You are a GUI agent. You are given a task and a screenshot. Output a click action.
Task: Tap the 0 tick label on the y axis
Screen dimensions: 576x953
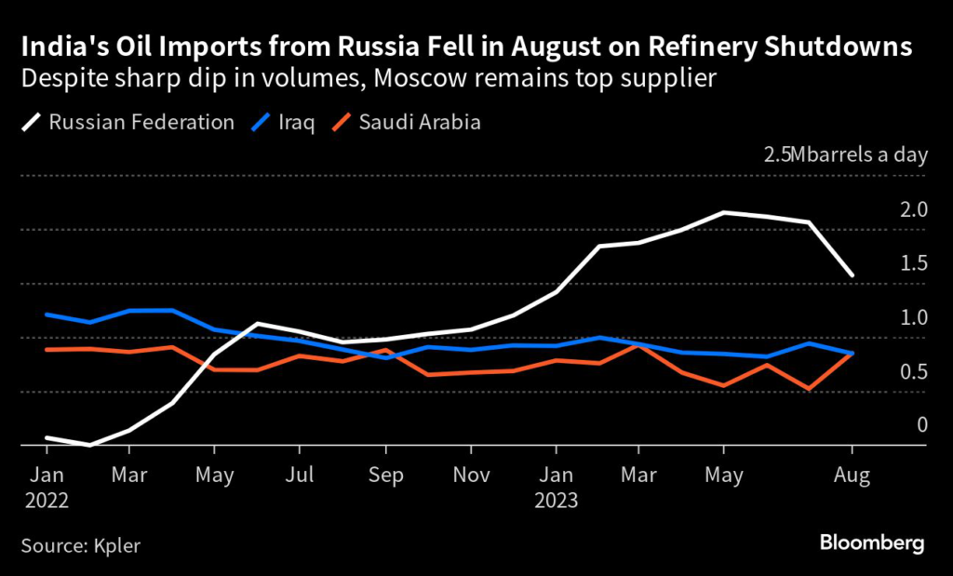tap(922, 425)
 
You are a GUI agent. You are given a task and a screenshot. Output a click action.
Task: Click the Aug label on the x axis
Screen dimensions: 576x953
tap(852, 476)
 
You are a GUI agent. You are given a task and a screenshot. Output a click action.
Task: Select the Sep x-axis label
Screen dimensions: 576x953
tap(385, 476)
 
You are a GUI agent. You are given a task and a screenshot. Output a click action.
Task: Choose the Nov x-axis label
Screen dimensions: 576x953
tap(471, 476)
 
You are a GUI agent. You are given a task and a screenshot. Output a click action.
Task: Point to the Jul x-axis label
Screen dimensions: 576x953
tap(299, 476)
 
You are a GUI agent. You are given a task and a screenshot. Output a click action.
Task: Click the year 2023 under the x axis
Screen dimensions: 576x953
tap(557, 500)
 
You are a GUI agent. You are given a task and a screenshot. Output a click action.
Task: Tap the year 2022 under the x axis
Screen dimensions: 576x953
tap(47, 500)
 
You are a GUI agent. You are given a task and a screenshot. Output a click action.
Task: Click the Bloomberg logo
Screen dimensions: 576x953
tap(872, 543)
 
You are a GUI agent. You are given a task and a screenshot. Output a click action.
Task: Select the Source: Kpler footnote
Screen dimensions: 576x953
tap(80, 544)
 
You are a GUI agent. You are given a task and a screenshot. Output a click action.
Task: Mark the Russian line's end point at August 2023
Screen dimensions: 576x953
tap(852, 275)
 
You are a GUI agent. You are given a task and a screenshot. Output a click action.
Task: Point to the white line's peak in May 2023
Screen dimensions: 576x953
tap(723, 212)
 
